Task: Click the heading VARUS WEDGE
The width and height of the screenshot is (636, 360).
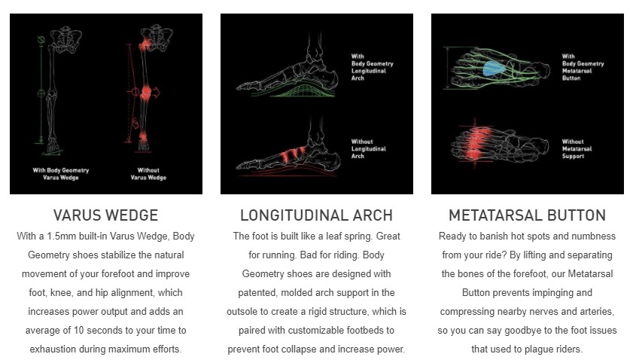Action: pos(105,215)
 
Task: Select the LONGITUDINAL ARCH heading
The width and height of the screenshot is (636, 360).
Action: pos(316,215)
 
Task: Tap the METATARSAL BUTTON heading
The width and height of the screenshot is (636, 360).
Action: pos(528,215)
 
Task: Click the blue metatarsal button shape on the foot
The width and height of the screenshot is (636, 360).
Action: pos(494,69)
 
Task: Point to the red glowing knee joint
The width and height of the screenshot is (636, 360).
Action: pos(145,93)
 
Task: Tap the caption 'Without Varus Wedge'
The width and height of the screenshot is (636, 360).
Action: pos(148,174)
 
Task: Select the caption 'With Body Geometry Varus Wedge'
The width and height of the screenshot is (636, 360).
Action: pos(61,174)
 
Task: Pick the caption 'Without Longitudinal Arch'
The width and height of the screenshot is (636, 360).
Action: pos(369,148)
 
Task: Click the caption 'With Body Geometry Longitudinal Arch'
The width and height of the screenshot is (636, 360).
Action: pos(373,67)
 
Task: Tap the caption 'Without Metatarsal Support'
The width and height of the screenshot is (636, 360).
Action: pos(577,148)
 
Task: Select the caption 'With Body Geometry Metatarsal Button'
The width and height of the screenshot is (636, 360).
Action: pos(583,67)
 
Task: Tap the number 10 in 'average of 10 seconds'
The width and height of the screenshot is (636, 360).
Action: pos(79,331)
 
